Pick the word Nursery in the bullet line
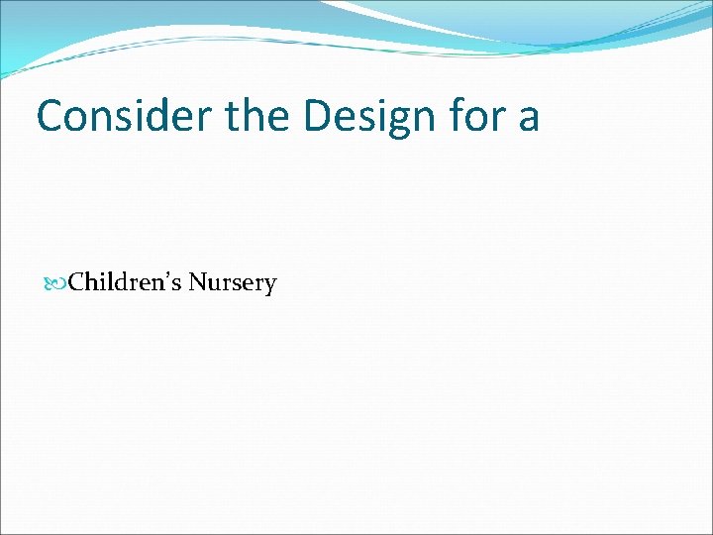pyautogui.click(x=233, y=283)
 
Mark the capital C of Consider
pyautogui.click(x=50, y=116)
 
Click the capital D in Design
pyautogui.click(x=320, y=116)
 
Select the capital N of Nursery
pyautogui.click(x=196, y=283)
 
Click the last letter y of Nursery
pyautogui.click(x=270, y=287)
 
